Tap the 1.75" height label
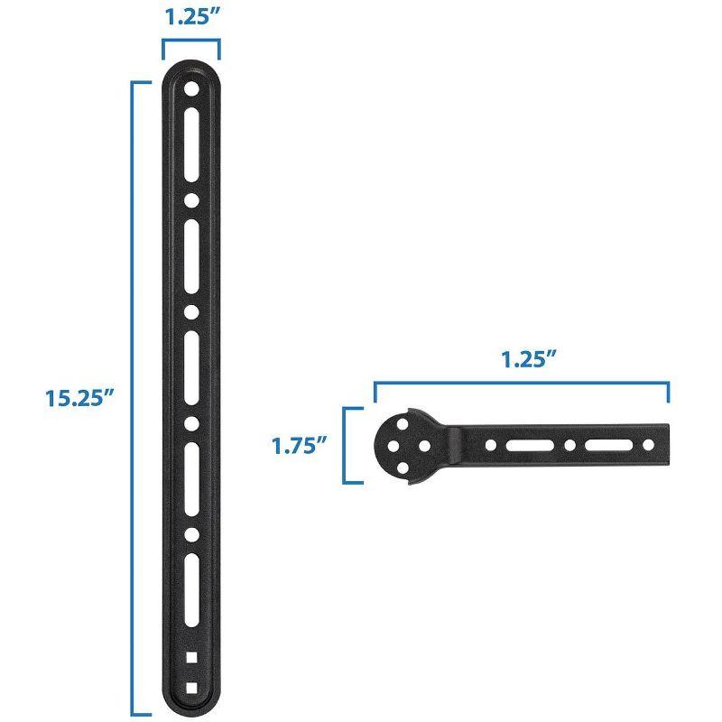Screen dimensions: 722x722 (298, 445)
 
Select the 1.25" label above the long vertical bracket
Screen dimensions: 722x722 (190, 19)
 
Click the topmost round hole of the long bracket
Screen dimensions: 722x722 (191, 90)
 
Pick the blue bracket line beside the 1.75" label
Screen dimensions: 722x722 (344, 445)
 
